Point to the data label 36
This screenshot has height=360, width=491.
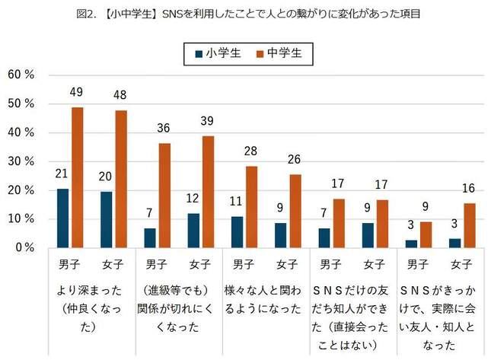coord(164,129)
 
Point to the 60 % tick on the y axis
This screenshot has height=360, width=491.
coord(20,75)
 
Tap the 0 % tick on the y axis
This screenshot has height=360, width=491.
coord(23,248)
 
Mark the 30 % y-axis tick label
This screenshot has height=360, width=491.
coord(20,161)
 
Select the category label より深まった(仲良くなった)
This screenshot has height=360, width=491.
coord(91,309)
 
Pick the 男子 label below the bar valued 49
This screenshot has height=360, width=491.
coord(70,265)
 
